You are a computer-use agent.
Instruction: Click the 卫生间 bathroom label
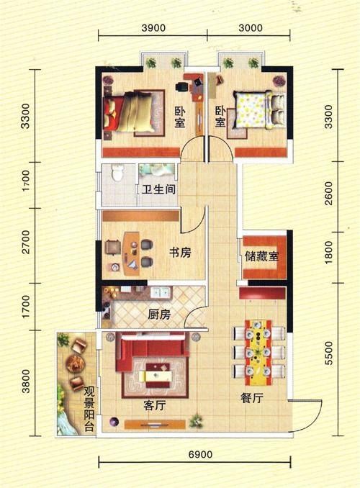tap(159, 189)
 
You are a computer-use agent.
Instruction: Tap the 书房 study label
tap(180, 253)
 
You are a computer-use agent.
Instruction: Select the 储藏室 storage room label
tap(262, 256)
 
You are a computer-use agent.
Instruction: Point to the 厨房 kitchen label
tap(159, 315)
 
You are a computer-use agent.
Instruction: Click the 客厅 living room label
tap(155, 405)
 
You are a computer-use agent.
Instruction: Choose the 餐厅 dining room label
tap(252, 398)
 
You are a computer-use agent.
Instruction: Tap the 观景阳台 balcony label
tap(89, 410)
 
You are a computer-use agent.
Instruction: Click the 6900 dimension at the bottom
tap(201, 455)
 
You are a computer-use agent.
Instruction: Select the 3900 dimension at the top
tap(153, 28)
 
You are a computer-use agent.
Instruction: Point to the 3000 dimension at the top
tap(251, 28)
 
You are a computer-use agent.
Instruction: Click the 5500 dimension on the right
tap(328, 353)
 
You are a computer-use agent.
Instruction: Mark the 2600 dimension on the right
tap(328, 194)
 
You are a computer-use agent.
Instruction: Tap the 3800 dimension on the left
tap(26, 381)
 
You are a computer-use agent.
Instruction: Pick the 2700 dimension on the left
tap(26, 242)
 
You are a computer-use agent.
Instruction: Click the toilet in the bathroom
tap(117, 173)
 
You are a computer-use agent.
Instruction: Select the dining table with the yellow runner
tap(258, 352)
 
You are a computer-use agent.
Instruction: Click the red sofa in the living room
tap(151, 350)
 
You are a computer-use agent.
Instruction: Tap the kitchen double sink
tap(160, 292)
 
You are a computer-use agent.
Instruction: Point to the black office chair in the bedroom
tap(181, 86)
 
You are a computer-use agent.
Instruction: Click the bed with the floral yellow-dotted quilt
tap(259, 109)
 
